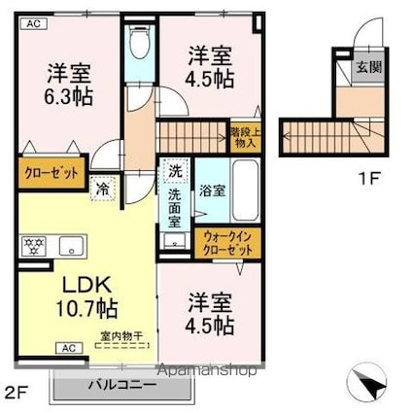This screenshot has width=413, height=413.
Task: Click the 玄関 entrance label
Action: coord(367,67)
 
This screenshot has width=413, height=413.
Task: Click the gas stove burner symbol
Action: coord(35,243)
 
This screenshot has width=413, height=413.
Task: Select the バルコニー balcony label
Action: coord(123,384)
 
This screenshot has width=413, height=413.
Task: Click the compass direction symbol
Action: coord(366,381)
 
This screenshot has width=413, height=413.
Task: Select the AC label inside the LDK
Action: coord(68,347)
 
